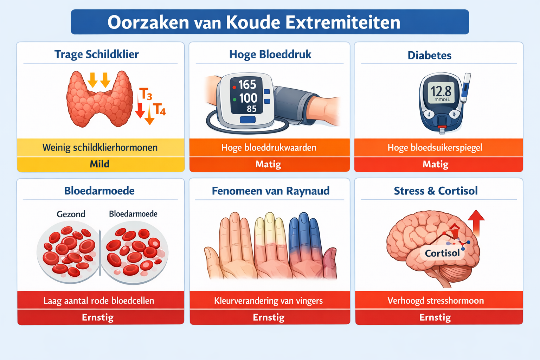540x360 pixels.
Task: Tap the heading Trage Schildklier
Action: tap(96, 54)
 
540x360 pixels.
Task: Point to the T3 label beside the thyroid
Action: tap(146, 94)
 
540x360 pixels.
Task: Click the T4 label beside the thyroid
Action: tap(159, 109)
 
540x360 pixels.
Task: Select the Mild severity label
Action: tap(99, 164)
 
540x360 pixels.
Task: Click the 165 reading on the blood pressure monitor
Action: tap(247, 85)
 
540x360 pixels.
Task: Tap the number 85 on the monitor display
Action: tap(251, 109)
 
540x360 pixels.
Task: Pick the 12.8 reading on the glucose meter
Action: tap(441, 91)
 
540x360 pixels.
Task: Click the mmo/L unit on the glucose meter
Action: tap(442, 99)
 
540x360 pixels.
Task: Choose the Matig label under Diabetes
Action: tap(435, 164)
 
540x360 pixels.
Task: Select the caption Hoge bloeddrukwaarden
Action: tap(269, 148)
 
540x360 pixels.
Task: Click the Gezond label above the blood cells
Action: tap(71, 214)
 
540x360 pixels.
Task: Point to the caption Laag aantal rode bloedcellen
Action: tap(99, 301)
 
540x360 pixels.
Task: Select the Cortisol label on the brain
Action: tap(442, 253)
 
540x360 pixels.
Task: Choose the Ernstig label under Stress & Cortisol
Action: tap(435, 317)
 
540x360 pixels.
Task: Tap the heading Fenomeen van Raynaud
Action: tap(270, 191)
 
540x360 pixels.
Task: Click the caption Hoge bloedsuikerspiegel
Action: tap(435, 148)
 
